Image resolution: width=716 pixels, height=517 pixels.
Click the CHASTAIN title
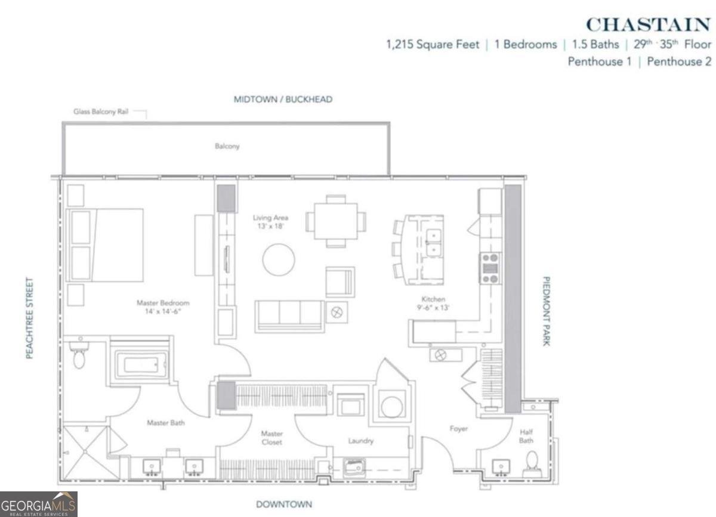coord(648,24)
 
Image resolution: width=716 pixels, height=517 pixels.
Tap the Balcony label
coord(227,146)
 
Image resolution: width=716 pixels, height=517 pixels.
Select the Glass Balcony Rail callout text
coord(101,112)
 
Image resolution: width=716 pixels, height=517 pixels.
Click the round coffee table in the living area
coord(279,260)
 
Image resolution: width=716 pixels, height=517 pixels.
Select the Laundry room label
coord(360,441)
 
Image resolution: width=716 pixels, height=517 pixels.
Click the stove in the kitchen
coord(490,268)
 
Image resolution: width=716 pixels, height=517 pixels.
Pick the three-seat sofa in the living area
coord(289,314)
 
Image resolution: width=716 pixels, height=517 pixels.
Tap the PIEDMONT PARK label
coord(545,310)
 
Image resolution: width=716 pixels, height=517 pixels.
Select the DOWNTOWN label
coord(283,504)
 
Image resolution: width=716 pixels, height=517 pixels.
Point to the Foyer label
coord(458,429)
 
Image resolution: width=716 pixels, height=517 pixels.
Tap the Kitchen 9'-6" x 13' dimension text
coord(433,304)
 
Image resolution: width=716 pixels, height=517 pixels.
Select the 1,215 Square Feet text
coord(433,45)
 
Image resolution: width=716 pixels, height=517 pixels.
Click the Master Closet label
coord(271,438)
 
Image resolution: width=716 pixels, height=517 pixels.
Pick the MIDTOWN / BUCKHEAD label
coord(282,100)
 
